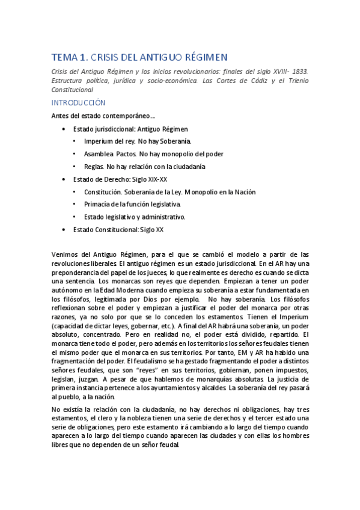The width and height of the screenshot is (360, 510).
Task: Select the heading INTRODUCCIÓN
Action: point(78,103)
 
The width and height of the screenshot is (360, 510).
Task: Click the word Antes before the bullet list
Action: point(61,116)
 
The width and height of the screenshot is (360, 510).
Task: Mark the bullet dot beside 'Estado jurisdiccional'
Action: point(64,129)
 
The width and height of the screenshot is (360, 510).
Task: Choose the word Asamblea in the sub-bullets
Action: point(99,154)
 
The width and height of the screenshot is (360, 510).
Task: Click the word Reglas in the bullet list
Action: point(94,167)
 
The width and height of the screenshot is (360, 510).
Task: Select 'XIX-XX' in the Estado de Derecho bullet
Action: point(156,179)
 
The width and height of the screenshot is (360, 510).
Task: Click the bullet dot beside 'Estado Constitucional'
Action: point(64,230)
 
